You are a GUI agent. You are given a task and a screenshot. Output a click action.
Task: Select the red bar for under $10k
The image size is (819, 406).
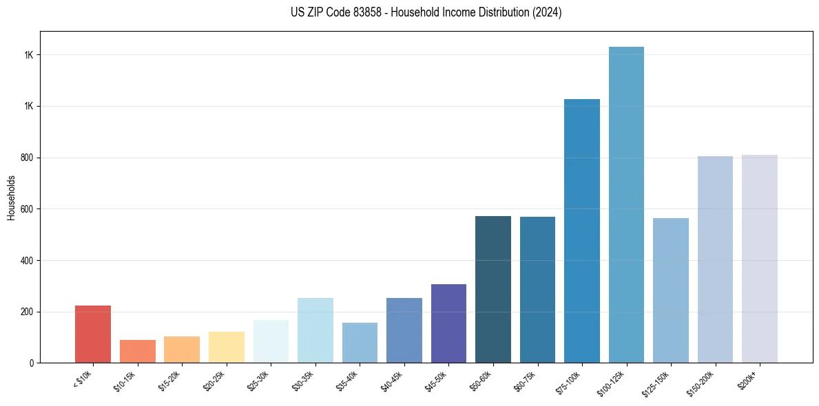pos(93,334)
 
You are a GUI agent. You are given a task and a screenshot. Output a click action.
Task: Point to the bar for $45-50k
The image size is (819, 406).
pos(448,323)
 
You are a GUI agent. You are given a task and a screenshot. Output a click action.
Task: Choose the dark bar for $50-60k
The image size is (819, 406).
pos(493,289)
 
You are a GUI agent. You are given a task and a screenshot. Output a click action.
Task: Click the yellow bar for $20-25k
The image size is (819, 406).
pos(227,347)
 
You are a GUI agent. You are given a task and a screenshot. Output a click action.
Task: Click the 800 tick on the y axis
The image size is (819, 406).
pos(26,158)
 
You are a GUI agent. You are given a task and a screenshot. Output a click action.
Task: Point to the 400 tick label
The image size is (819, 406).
pos(26,261)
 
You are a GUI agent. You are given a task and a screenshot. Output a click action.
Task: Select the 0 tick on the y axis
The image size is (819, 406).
pos(32,363)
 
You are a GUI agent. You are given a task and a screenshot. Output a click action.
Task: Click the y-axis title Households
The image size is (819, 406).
pos(11,197)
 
